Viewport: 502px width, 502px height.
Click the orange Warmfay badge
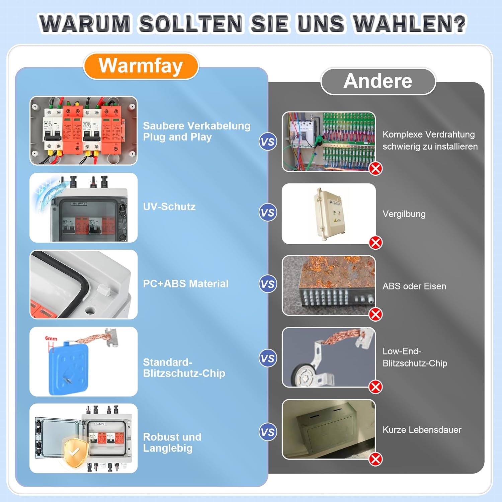[141, 66]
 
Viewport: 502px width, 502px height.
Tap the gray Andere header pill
[378, 81]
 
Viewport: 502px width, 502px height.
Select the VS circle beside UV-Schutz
[268, 213]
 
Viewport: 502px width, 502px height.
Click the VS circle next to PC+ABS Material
[268, 284]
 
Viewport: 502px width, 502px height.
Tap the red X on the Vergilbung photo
[375, 243]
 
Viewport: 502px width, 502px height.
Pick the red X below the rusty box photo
[375, 314]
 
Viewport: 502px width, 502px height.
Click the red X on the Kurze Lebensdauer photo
[375, 459]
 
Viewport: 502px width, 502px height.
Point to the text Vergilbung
[404, 214]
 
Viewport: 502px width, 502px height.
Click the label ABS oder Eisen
[414, 286]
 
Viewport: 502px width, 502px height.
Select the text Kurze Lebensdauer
[422, 430]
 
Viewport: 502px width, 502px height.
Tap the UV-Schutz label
[169, 206]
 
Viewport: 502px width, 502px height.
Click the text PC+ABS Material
[186, 283]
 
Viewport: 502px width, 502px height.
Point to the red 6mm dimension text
[51, 338]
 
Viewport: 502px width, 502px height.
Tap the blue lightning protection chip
[69, 368]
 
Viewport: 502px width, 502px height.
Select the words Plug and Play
[177, 137]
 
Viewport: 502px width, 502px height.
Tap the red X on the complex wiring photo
[375, 168]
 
